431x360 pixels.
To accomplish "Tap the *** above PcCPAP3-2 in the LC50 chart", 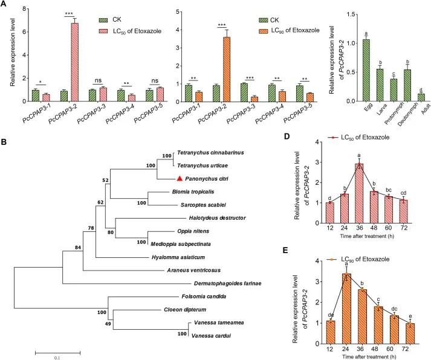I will [x=77, y=12].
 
